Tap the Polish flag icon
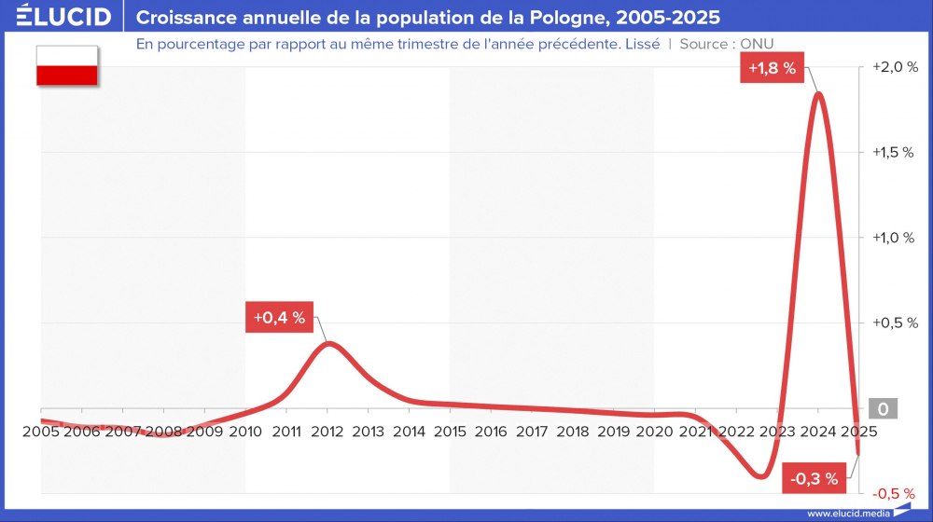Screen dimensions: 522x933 point(67,66)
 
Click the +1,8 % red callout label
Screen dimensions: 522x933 point(772,67)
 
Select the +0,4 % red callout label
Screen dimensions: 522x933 point(279,317)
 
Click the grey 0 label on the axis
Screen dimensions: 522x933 point(882,409)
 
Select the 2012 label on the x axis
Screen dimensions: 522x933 point(327,432)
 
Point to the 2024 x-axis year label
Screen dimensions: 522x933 point(818,432)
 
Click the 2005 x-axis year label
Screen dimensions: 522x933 point(41,432)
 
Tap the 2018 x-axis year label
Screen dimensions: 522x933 point(573,432)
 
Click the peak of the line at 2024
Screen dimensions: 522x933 point(818,93)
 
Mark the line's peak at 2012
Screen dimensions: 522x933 point(328,343)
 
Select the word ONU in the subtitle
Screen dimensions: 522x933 point(757,44)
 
